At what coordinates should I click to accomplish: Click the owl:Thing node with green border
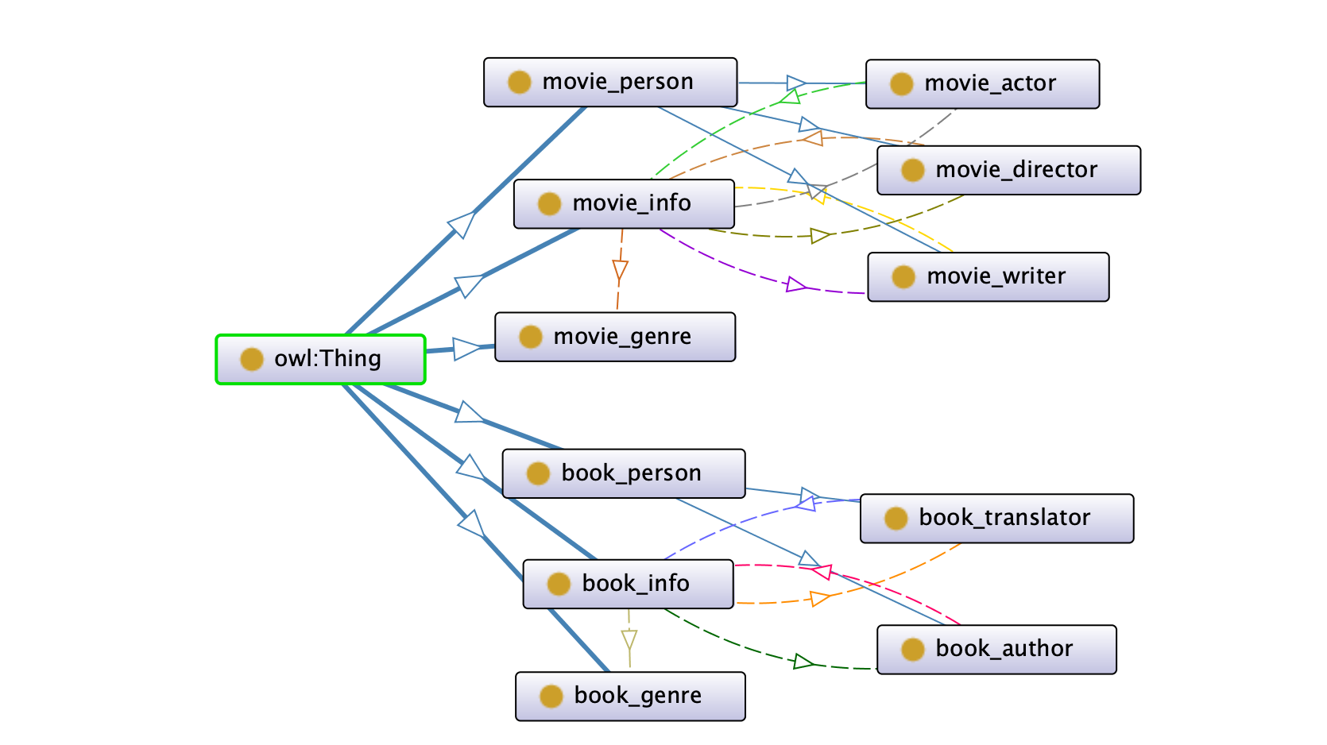point(320,360)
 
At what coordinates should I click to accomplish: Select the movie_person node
point(610,83)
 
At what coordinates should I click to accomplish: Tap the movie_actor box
point(982,84)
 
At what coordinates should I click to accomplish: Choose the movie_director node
point(1008,171)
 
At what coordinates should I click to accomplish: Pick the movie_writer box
point(988,277)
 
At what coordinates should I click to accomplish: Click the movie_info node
point(624,203)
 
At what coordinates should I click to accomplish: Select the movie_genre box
point(615,337)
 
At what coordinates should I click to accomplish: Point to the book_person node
point(623,474)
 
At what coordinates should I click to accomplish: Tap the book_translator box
point(996,518)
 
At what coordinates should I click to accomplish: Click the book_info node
point(628,584)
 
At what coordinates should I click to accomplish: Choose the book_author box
point(996,650)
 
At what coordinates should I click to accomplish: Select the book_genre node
point(630,697)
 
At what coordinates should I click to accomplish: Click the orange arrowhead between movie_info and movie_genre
point(620,271)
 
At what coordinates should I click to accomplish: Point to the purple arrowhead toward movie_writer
point(796,285)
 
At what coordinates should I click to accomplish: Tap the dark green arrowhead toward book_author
point(803,662)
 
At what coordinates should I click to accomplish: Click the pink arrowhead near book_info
point(822,572)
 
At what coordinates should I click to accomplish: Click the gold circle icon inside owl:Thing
point(252,360)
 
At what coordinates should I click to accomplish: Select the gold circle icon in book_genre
point(551,697)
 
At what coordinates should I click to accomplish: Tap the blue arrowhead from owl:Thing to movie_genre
point(466,348)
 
